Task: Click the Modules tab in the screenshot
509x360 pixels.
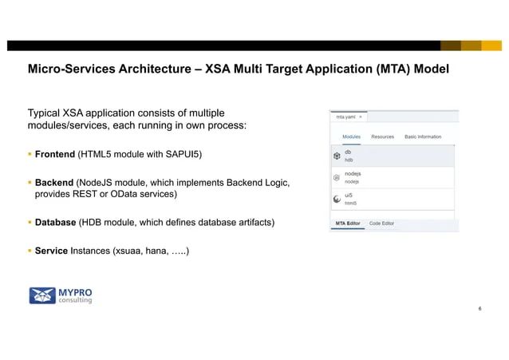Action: [x=352, y=136]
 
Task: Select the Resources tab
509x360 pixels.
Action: [x=382, y=136]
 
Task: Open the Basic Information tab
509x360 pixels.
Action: [x=423, y=136]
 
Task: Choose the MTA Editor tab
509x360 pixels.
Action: [x=348, y=224]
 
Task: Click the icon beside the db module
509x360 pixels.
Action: [x=337, y=155]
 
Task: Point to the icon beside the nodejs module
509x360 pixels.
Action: [x=337, y=177]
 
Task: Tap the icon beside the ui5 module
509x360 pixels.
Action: [x=337, y=200]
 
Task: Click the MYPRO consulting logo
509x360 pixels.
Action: [x=61, y=295]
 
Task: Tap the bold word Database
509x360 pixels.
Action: [x=55, y=221]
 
